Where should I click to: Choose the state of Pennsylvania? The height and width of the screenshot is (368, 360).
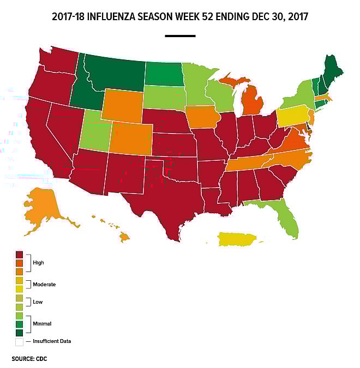(x=292, y=116)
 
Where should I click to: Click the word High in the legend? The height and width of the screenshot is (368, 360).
(x=38, y=263)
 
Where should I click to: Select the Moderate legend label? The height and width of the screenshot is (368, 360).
(x=44, y=285)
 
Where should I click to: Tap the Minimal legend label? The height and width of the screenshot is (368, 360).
(x=42, y=324)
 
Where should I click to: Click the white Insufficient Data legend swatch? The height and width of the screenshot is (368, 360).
(x=20, y=342)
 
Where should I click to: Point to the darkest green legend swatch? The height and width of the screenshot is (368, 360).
(x=20, y=333)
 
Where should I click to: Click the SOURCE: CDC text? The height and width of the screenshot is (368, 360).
(x=30, y=359)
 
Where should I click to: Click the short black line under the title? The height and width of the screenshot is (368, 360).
(x=180, y=36)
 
